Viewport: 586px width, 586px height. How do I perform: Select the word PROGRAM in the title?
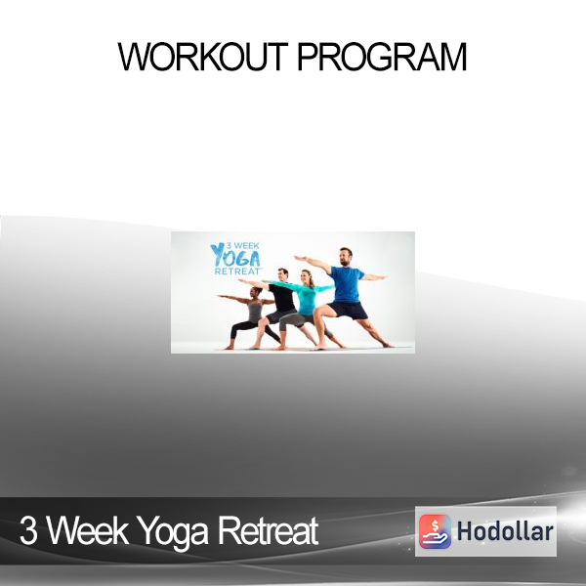point(382,57)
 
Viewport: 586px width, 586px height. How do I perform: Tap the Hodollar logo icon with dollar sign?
point(435,531)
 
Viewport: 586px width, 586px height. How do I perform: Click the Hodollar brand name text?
point(505,531)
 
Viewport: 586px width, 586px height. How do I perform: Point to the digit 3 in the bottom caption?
point(28,530)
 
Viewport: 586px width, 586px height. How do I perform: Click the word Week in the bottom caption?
point(88,530)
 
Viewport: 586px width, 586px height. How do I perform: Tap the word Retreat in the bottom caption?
point(268,530)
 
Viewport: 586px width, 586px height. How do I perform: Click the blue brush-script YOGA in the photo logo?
point(235,255)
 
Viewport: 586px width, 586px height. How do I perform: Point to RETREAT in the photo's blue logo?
point(237,271)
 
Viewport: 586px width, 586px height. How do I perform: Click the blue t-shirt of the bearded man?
point(347,284)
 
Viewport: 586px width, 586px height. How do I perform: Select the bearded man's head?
point(346,256)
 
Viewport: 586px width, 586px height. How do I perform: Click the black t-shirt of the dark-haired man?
point(282,297)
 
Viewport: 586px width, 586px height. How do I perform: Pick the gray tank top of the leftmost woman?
point(255,312)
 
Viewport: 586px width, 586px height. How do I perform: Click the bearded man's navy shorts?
point(348,310)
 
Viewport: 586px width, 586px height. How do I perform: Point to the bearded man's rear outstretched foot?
point(387,345)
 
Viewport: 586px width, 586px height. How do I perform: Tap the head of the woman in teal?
point(307,276)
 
